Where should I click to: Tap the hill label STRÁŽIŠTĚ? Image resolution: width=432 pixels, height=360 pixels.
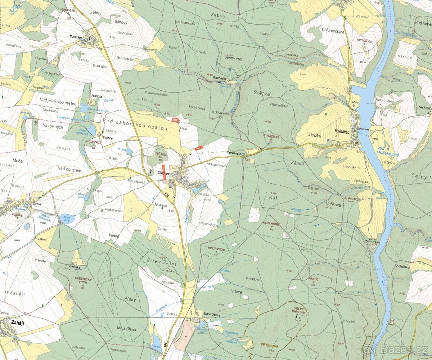pos(271,136)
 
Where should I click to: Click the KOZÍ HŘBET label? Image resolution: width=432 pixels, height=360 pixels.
pos(271,224)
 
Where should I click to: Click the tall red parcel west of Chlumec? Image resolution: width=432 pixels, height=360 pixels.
pos(164,170)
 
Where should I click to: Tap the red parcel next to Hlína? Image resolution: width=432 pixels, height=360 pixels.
pos(175,120)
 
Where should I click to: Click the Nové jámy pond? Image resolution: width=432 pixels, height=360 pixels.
pos(67,219)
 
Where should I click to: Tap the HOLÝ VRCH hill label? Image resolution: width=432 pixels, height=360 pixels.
pos(216,249)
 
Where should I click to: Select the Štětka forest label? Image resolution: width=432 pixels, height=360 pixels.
pos(259,94)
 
